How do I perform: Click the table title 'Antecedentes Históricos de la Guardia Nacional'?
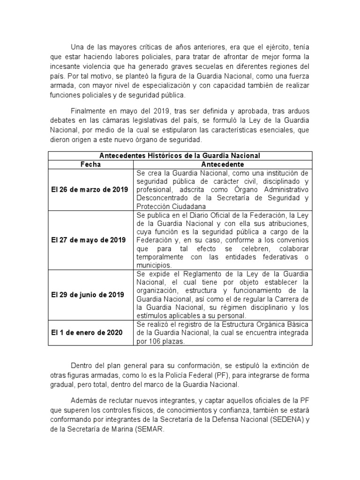pos(180,156)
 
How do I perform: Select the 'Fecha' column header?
pos(90,165)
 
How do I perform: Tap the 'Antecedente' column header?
pos(222,165)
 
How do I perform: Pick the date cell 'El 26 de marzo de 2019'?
pos(90,189)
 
